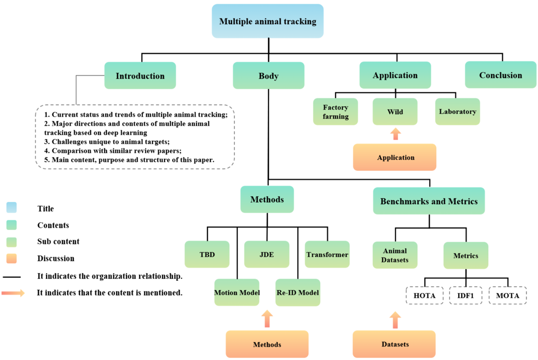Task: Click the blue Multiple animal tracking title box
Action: click(267, 21)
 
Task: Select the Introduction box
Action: click(140, 76)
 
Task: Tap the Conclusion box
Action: click(500, 75)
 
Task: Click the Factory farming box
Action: click(335, 112)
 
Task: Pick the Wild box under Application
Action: click(395, 112)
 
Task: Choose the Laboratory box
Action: click(457, 112)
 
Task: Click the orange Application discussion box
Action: click(395, 157)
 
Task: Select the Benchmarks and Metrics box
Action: click(429, 201)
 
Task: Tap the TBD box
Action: click(207, 254)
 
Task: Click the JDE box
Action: click(267, 254)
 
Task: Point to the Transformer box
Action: click(327, 254)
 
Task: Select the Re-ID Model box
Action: click(298, 292)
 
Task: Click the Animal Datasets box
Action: click(395, 255)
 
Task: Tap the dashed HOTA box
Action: click(425, 295)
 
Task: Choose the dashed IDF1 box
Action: click(465, 295)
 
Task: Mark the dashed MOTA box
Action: click(507, 295)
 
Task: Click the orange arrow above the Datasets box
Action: click(395, 320)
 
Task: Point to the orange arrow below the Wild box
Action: click(395, 134)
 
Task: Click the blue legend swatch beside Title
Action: click(12, 208)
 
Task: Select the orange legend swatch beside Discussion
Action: click(12, 258)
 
